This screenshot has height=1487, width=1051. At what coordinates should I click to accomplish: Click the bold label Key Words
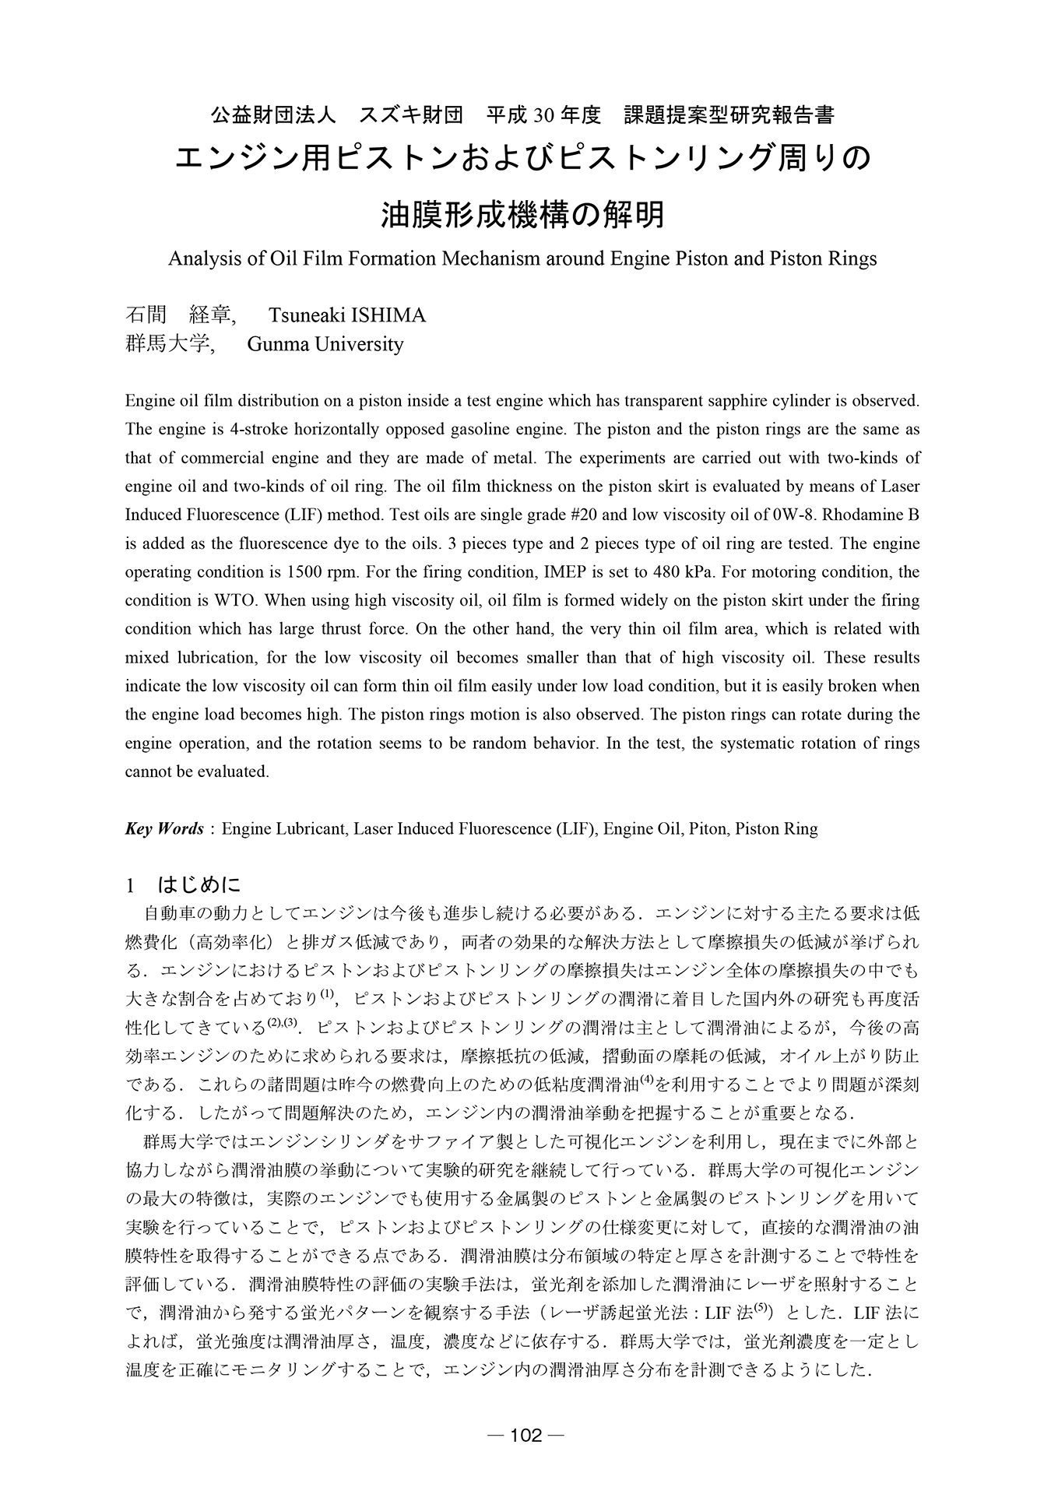coord(164,828)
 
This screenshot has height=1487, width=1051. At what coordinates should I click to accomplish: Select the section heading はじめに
coord(199,885)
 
